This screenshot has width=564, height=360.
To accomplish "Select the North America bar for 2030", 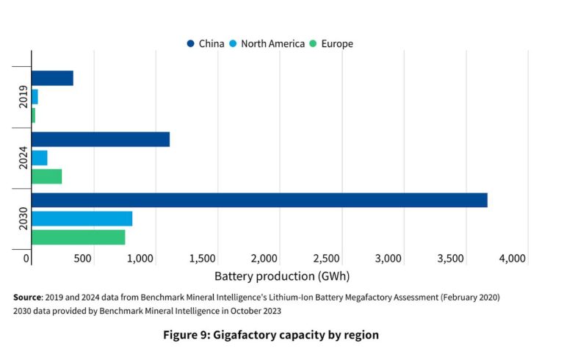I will click(82, 218).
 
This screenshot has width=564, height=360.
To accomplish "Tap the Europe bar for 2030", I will click(78, 237).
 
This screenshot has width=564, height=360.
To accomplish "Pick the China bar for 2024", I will click(101, 140).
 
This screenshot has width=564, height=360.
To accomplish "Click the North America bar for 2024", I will click(40, 157).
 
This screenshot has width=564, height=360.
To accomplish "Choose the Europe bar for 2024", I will click(46, 176).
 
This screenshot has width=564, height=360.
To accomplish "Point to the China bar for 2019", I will click(52, 78).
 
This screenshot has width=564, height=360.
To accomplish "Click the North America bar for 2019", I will click(35, 96).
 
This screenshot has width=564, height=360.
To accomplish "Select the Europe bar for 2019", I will click(34, 115).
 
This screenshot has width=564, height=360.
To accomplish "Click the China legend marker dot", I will click(191, 44).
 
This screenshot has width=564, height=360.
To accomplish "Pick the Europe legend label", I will click(336, 44).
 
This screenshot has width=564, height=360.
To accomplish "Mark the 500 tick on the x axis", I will click(82, 258).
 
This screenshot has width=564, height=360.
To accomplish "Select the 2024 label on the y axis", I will click(23, 158).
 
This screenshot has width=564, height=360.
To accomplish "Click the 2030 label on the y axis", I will click(23, 218).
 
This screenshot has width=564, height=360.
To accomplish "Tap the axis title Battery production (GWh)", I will click(282, 277).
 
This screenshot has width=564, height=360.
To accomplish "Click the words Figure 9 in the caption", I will click(185, 335).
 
